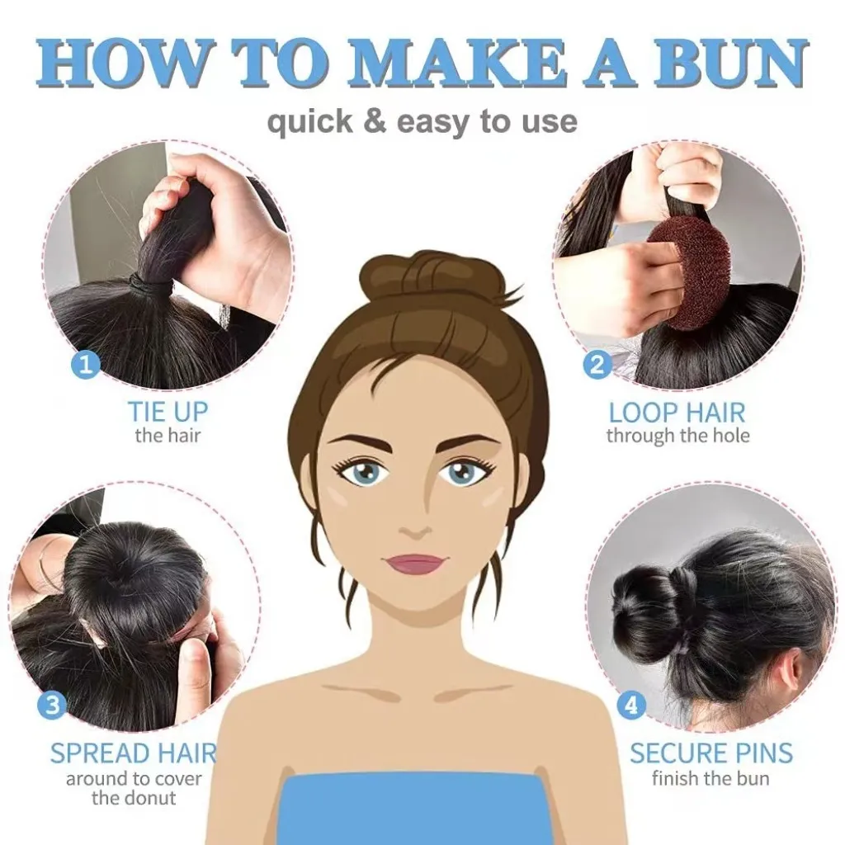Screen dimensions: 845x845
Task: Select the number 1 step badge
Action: tap(86, 366)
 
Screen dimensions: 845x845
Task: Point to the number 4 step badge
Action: tap(632, 706)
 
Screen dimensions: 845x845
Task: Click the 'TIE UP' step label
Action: tap(168, 412)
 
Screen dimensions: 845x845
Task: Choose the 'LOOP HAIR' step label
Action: tap(677, 413)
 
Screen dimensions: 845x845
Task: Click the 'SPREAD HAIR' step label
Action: tap(134, 753)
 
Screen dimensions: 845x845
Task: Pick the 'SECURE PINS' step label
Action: tap(711, 753)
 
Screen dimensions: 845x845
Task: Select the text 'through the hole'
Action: tap(678, 436)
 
